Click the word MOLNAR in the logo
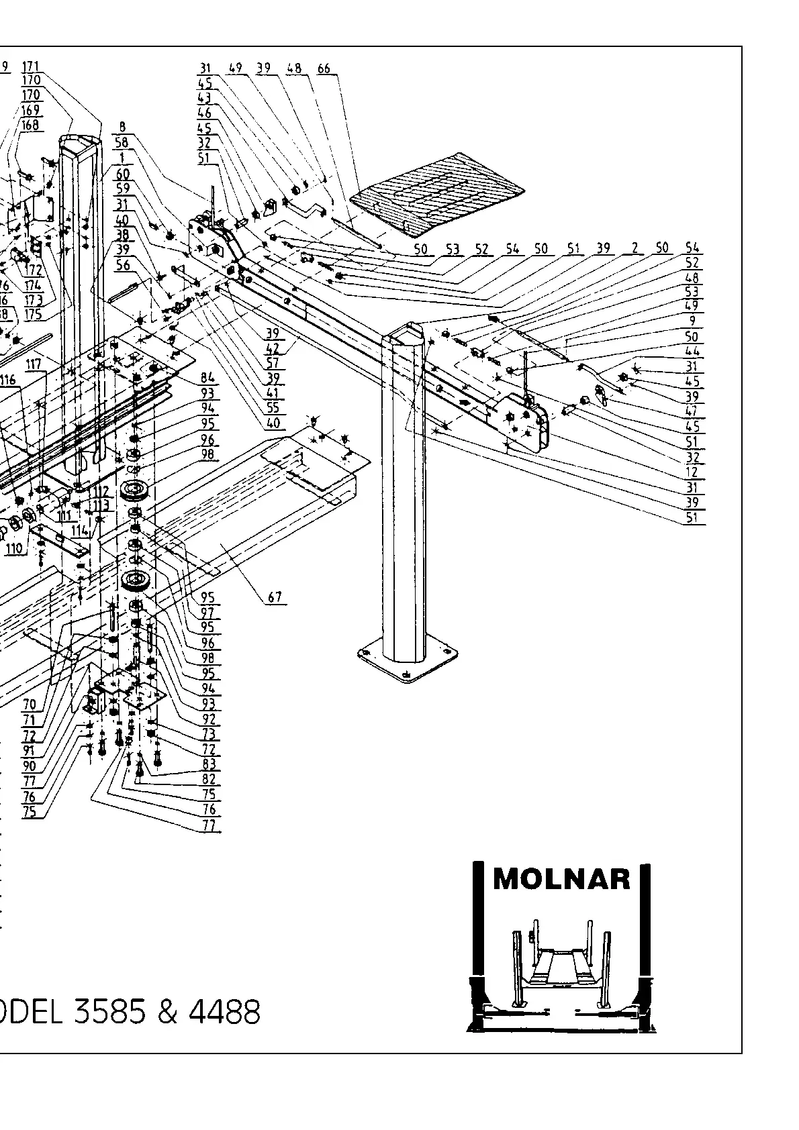tap(561, 879)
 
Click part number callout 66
tap(324, 68)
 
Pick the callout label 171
tap(31, 66)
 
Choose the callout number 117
tap(34, 364)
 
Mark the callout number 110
tap(13, 549)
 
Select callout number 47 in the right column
tap(692, 411)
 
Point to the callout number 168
tap(30, 125)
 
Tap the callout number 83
tap(209, 764)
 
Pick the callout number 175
tap(33, 313)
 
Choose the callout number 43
tap(205, 98)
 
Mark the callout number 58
tap(122, 142)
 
